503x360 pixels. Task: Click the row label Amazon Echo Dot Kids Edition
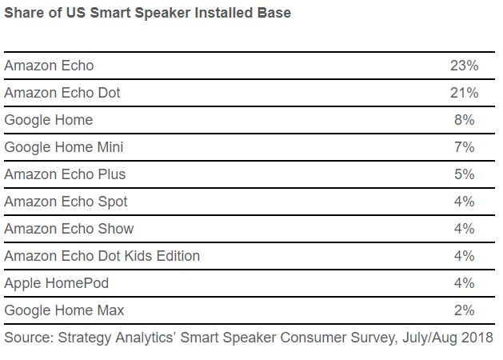pos(102,256)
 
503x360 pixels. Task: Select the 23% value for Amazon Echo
pos(464,66)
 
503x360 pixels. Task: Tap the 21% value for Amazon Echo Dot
pos(464,93)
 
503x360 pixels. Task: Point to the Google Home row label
pos(49,120)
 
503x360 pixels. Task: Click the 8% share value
pos(464,120)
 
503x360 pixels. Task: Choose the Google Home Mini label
pos(64,147)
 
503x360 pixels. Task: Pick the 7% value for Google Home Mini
pos(464,147)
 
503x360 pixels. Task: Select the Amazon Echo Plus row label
pos(65,174)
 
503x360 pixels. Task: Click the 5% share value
pos(464,174)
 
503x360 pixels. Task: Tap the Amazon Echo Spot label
pos(66,202)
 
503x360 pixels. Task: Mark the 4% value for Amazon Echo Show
pos(464,229)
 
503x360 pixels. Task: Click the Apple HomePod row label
pos(57,284)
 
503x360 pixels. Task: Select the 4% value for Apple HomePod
pos(464,283)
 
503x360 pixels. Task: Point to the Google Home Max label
pos(64,311)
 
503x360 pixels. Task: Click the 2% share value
pos(464,310)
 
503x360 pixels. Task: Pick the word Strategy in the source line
pos(85,338)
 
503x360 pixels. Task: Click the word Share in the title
pos(24,13)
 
